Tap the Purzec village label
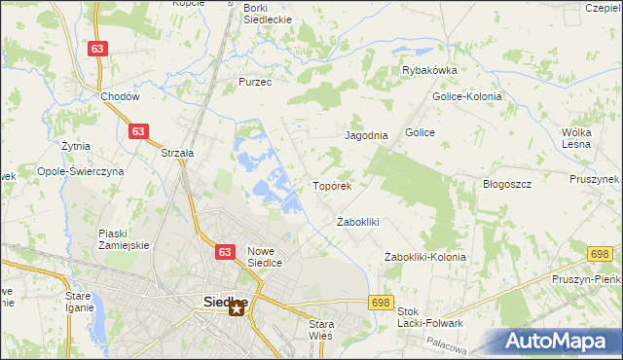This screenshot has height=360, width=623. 255,83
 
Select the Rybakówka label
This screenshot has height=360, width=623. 429,70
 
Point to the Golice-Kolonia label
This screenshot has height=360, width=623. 466,96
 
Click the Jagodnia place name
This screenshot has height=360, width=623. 367,136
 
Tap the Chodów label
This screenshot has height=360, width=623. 121,97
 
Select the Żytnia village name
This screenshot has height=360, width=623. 75,146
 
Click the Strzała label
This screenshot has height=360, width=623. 178,153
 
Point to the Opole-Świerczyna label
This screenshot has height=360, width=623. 80,170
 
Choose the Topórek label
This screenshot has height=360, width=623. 331,185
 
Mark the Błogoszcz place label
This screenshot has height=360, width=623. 506,184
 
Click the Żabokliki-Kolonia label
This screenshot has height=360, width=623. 424,257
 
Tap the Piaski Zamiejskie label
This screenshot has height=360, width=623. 124,239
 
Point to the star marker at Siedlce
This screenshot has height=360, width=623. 237,310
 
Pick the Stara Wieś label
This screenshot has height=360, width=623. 320,329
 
